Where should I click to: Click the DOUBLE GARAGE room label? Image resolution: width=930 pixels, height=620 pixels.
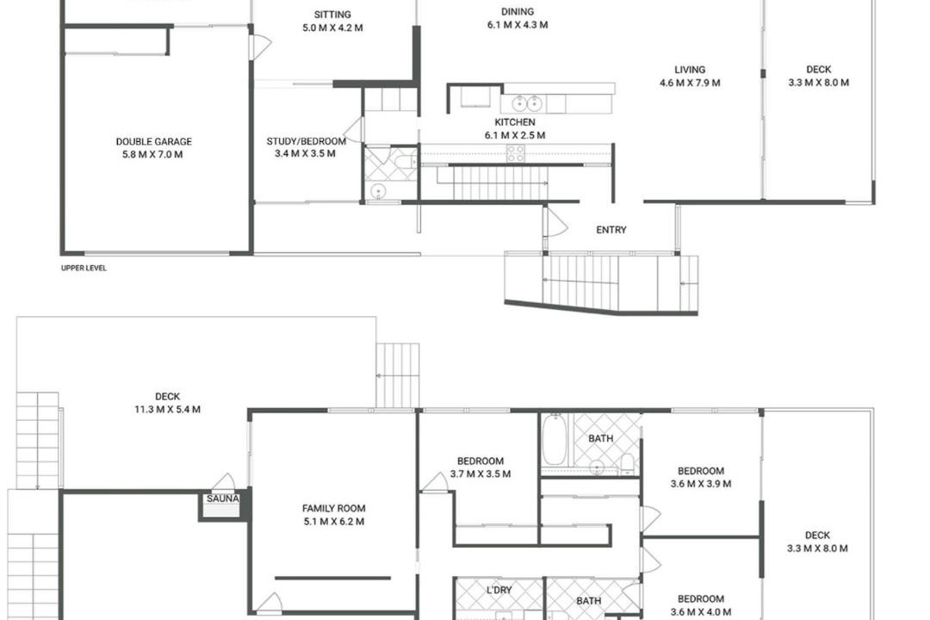point(153,142)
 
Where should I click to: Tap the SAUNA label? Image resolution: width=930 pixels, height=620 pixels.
point(222,499)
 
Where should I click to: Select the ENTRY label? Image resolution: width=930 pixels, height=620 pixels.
point(611,230)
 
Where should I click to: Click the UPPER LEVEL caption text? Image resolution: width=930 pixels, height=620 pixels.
point(84,268)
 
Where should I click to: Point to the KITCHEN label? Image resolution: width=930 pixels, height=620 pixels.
point(515,122)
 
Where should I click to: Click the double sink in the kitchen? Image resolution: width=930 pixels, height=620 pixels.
point(527,103)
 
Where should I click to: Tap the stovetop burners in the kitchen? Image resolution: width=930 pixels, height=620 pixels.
point(516,153)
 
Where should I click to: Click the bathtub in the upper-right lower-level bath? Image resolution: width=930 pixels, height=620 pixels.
point(555,439)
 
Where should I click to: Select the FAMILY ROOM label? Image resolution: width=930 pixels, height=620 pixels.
point(333,508)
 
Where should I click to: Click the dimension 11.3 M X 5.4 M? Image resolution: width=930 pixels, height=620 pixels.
point(167,409)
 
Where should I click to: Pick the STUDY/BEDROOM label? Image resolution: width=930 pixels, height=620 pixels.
point(306,141)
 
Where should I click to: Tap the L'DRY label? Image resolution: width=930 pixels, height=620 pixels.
point(499,591)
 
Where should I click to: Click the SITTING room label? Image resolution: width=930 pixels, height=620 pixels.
point(332,15)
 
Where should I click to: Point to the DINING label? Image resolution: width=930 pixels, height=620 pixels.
point(518,11)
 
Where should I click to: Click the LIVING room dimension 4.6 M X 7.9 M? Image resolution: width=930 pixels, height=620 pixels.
point(690,83)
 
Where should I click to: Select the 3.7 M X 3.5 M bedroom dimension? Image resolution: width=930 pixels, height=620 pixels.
point(480,474)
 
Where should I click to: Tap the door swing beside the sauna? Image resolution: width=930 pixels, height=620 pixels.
point(223,481)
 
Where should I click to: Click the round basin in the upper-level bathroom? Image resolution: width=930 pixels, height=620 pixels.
point(378,191)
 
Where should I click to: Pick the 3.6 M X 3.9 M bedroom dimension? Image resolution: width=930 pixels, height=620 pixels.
point(700,484)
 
